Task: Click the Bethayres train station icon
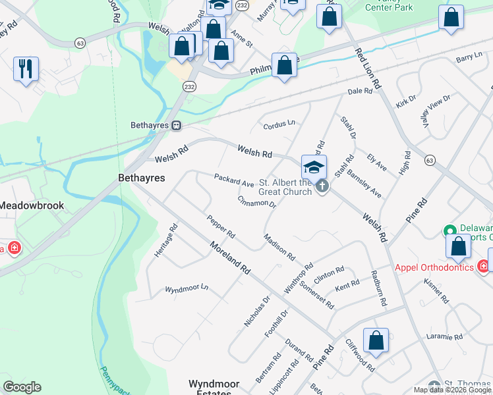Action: tap(176, 125)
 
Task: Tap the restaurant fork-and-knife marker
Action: tap(26, 68)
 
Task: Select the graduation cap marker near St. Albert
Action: tap(314, 167)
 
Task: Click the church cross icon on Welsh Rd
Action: tap(322, 186)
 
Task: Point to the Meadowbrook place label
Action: tap(32, 205)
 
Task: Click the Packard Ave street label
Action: tap(234, 180)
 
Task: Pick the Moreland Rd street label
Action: tap(230, 257)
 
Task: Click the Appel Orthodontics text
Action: tap(434, 267)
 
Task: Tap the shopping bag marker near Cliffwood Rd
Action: tap(376, 341)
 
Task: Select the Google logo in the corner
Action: tap(22, 387)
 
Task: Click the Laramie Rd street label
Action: tap(445, 337)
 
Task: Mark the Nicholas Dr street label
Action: tap(257, 311)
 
